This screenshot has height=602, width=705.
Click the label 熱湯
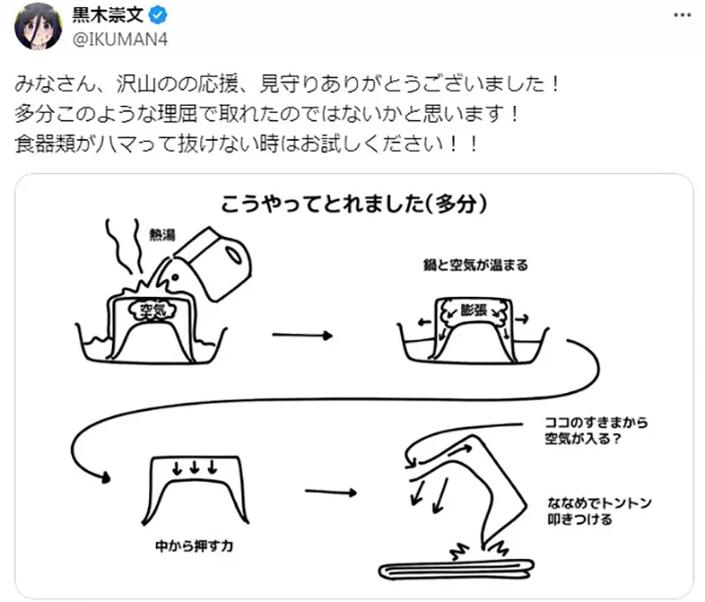[x=162, y=234]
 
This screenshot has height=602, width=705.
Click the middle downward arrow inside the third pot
[x=195, y=467]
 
